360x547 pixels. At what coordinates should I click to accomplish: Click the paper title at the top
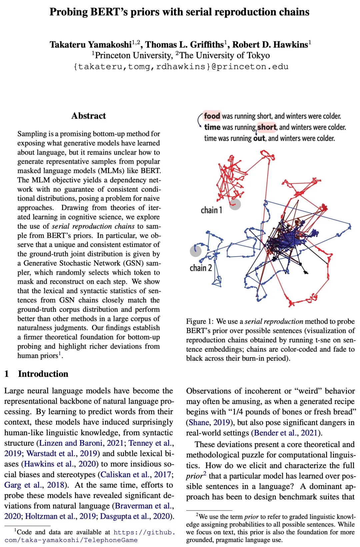(x=179, y=12)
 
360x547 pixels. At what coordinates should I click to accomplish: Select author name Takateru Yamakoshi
(x=90, y=45)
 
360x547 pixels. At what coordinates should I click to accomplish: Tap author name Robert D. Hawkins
(x=270, y=45)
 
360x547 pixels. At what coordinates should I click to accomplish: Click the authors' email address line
(x=181, y=67)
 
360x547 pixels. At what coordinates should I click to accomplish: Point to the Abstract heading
(x=88, y=116)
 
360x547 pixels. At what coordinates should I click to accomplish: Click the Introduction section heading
(x=43, y=374)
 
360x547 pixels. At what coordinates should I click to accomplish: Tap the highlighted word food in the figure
(x=212, y=116)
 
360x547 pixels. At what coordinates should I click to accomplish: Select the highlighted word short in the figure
(x=267, y=127)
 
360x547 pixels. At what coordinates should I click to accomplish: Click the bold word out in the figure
(x=259, y=138)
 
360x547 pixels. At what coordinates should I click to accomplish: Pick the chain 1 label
(x=211, y=210)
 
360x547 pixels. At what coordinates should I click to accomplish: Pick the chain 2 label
(x=201, y=268)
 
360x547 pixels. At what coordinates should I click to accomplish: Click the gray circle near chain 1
(x=235, y=204)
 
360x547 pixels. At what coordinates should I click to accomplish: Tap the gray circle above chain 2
(x=196, y=250)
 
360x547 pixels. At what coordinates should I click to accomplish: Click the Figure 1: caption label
(x=200, y=321)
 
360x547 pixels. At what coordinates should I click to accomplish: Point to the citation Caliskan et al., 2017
(x=135, y=474)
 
